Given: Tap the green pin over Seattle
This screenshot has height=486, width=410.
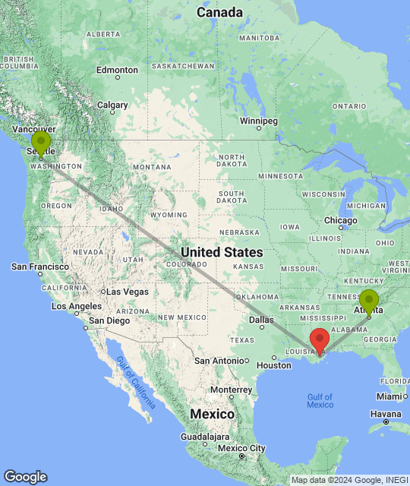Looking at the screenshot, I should point(41,141).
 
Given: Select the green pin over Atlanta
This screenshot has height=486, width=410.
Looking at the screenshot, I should point(369,301).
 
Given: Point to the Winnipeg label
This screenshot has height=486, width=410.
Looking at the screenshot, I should point(259,121).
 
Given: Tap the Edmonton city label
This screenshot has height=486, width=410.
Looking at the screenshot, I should point(117,70).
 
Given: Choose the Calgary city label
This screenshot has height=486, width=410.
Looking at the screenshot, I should point(112,105).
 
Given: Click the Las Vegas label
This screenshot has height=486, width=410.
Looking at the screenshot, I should point(128,292).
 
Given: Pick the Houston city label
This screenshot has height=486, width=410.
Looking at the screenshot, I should point(274,365).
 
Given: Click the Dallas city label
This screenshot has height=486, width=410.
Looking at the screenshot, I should point(261,320).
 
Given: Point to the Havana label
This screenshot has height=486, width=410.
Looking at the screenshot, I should point(386,414).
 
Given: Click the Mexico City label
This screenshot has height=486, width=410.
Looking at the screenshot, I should point(241,447).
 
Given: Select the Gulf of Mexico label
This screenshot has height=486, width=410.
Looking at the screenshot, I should point(320,400).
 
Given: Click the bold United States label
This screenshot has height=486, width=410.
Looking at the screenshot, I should point(222,252).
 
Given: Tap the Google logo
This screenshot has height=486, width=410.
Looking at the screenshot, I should point(25,477).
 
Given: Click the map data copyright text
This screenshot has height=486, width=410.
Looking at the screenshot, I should point(348,480).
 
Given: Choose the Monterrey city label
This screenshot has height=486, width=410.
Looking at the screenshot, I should point(230,390).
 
